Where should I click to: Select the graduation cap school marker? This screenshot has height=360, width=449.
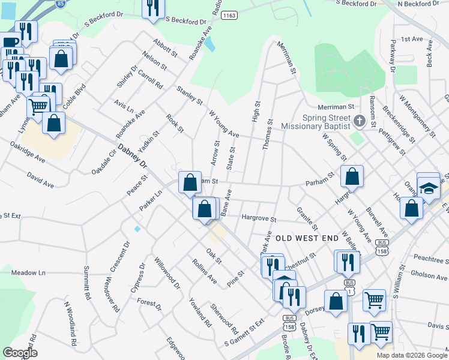[x=428, y=187]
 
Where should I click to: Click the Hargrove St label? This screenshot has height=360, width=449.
[x=259, y=219]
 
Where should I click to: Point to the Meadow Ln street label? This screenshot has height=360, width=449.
[x=28, y=273]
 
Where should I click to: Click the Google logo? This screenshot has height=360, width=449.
[x=20, y=352]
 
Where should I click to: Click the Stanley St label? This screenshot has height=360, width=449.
[x=189, y=99]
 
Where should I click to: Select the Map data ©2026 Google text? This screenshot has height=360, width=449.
[x=412, y=355]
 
